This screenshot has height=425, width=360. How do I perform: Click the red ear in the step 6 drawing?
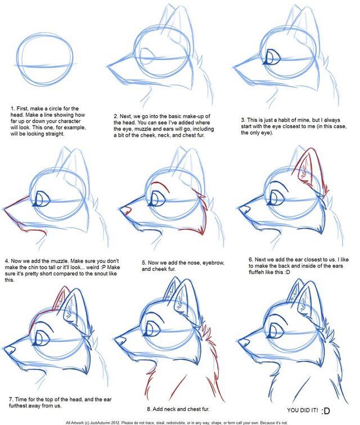pyautogui.click(x=307, y=168)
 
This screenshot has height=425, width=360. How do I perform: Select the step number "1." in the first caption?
pyautogui.click(x=12, y=108)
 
